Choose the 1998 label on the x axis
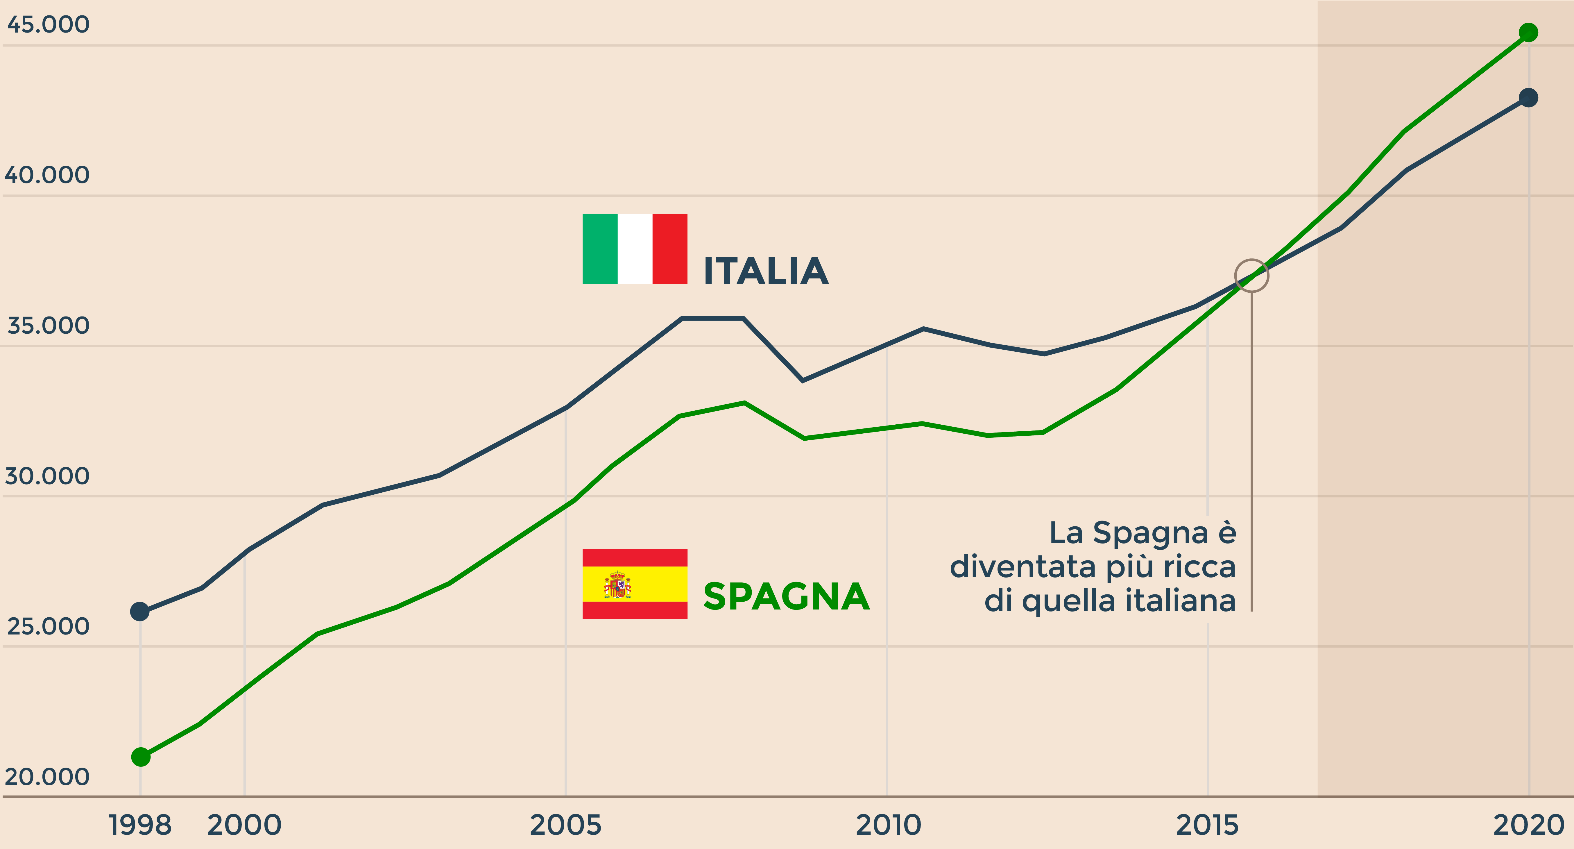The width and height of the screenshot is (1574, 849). click(x=140, y=825)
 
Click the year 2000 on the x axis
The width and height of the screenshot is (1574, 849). click(x=244, y=825)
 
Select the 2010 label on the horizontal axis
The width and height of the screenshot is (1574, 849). click(x=888, y=825)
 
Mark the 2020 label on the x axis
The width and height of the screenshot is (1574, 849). click(x=1528, y=825)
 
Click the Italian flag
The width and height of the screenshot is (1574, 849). click(x=635, y=249)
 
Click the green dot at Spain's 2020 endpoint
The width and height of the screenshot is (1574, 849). click(x=1528, y=32)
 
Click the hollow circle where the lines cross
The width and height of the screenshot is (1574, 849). click(x=1251, y=276)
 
